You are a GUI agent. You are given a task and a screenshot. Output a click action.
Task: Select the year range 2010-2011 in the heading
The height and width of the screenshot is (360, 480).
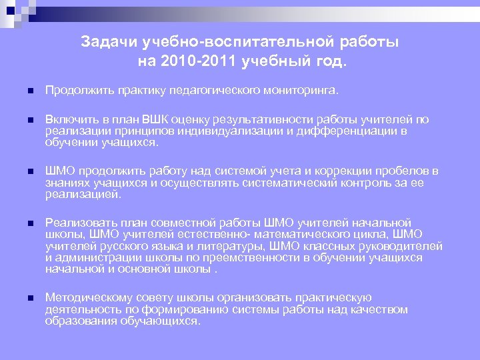tap(193, 62)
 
